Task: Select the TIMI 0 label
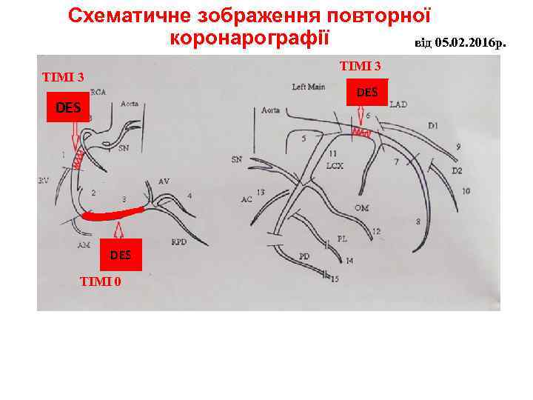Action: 101,281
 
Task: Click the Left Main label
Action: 308,87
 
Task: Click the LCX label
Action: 335,166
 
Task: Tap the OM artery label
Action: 361,208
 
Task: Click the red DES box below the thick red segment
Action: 121,255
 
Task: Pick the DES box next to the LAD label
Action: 366,93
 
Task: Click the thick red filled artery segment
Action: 115,214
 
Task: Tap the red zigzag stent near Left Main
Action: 361,133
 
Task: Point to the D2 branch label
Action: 457,170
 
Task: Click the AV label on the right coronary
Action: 164,181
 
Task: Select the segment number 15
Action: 335,279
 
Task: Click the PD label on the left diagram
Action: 304,256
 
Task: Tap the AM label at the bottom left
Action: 83,244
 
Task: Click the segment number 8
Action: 418,221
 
